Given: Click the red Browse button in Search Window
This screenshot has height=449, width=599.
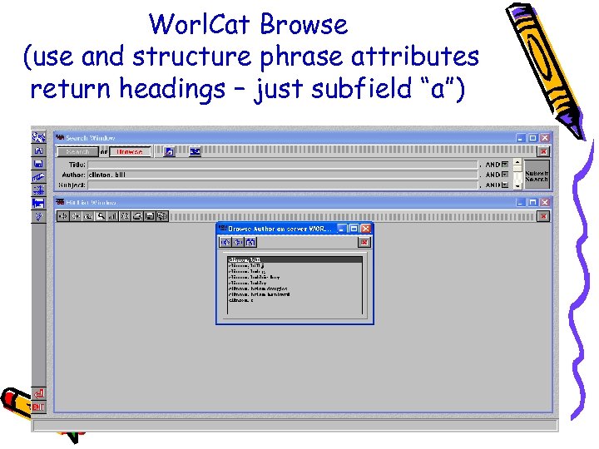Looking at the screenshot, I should [x=129, y=151].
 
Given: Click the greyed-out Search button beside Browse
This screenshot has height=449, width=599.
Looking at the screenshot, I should [x=77, y=151].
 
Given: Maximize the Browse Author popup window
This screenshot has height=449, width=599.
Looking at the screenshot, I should [x=353, y=228].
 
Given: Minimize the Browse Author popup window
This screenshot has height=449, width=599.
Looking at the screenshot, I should [x=342, y=228].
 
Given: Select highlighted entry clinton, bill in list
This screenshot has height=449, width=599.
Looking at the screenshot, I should [x=295, y=259].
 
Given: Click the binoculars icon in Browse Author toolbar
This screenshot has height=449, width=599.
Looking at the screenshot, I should [x=250, y=242].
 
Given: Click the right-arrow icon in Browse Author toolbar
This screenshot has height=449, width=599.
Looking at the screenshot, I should [x=238, y=242].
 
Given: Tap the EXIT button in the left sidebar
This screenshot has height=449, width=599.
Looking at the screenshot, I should [x=38, y=407].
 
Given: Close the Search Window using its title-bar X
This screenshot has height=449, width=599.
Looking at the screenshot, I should [x=545, y=138].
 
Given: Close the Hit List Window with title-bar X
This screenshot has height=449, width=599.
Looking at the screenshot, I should [x=545, y=202].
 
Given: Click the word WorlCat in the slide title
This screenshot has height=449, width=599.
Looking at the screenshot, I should [x=199, y=25].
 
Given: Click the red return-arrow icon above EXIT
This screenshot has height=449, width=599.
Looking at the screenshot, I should [x=38, y=392].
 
